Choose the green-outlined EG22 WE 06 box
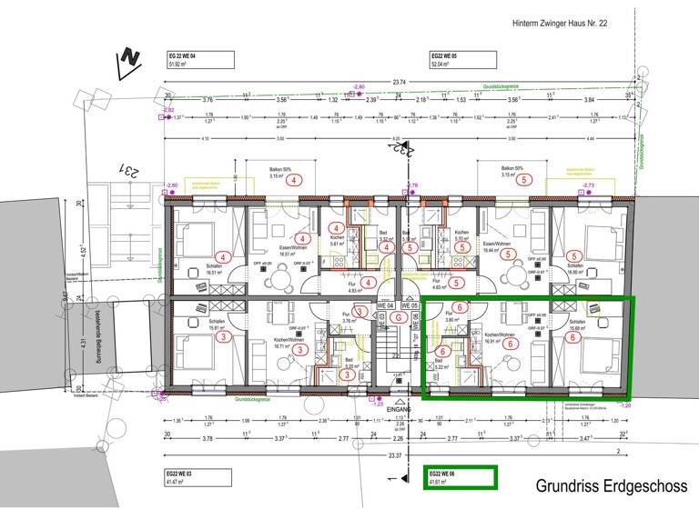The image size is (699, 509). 461,476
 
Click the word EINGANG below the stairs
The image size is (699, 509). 399,410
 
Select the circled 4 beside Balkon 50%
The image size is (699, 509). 294,180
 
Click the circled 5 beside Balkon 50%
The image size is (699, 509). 522,180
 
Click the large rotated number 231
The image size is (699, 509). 130,170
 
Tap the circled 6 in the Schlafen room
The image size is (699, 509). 573,336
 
